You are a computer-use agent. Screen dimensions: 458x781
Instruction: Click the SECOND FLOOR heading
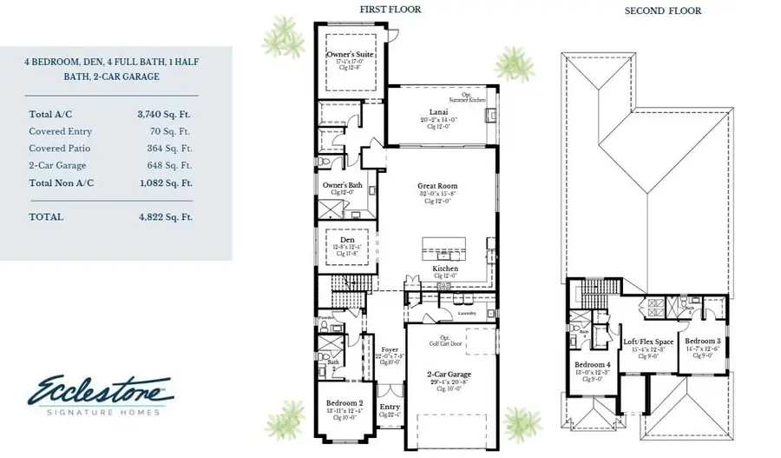[x=662, y=11]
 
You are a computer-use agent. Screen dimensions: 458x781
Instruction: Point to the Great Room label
[x=437, y=186]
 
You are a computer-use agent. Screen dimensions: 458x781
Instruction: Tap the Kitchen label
[x=445, y=269]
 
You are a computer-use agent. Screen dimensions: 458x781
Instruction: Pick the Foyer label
[x=390, y=349]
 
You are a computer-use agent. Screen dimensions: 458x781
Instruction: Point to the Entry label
[x=390, y=407]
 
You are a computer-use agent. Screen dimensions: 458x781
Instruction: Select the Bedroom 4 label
[x=592, y=363]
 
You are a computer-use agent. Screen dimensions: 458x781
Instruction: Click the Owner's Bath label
[x=343, y=185]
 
